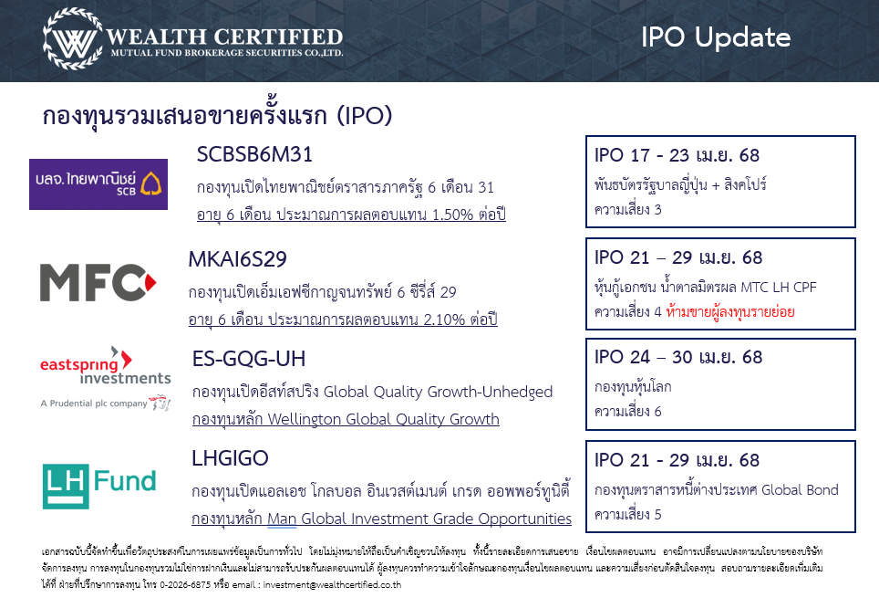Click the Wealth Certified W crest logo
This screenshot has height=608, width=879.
[73, 38]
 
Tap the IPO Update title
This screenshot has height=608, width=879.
[715, 37]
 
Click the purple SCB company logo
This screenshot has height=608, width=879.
[98, 184]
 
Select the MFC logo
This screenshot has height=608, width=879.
[98, 282]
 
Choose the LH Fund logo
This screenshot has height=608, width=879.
[99, 487]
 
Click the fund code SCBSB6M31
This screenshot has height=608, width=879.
[254, 154]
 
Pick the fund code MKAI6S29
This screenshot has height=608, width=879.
[238, 259]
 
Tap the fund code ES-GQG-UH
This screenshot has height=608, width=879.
[249, 359]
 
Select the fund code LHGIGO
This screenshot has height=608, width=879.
[231, 458]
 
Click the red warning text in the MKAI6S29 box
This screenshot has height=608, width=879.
[730, 312]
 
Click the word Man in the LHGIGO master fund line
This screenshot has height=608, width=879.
[282, 519]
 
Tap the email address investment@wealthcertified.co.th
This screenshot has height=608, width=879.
[332, 584]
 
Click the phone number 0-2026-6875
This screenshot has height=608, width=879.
[185, 584]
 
